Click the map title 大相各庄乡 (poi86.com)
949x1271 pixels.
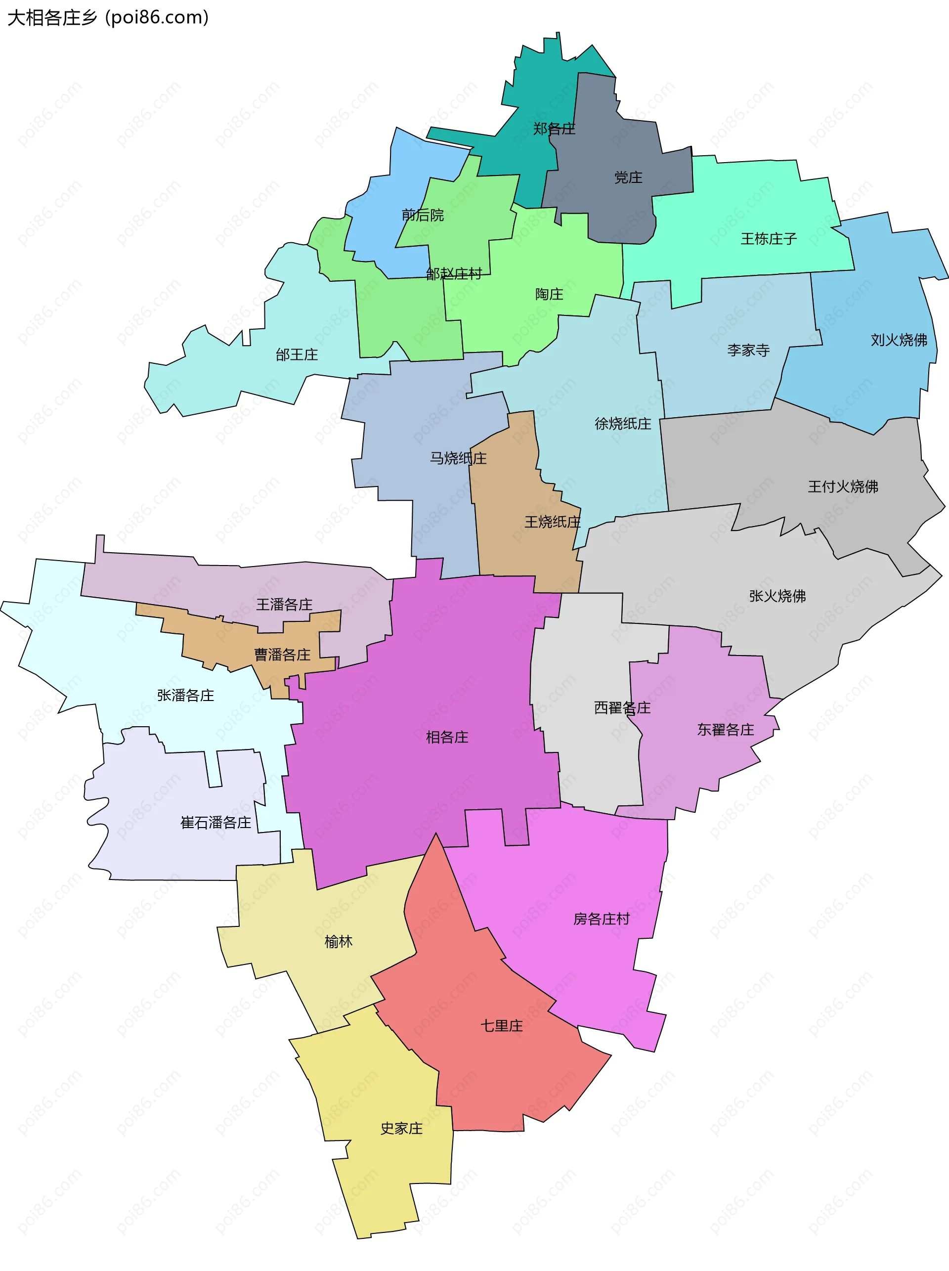click(108, 17)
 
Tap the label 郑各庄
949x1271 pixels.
click(554, 129)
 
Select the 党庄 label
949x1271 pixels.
click(628, 177)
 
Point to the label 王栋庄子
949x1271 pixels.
click(768, 238)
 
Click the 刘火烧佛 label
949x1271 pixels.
click(899, 340)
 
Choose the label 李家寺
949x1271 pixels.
click(748, 350)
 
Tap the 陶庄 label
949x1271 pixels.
click(549, 294)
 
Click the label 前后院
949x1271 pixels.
click(422, 215)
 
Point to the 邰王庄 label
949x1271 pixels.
click(297, 354)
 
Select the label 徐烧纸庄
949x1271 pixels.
click(623, 424)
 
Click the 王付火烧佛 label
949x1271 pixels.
click(843, 486)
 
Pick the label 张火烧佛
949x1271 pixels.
click(776, 596)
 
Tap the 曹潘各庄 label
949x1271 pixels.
click(282, 655)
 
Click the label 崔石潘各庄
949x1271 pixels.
click(216, 823)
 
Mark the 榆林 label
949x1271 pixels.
click(339, 941)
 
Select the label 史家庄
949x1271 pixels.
click(401, 1129)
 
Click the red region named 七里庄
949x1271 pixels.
click(502, 1026)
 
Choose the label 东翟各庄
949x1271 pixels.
click(725, 730)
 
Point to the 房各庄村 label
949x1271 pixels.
click(601, 919)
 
